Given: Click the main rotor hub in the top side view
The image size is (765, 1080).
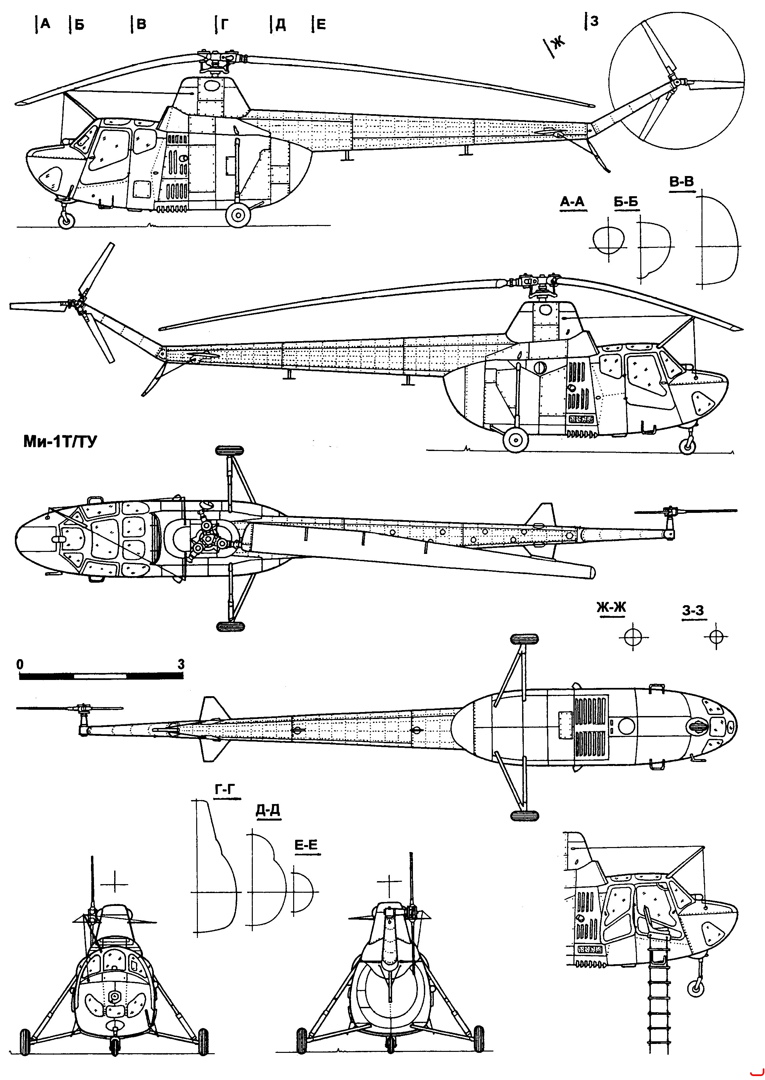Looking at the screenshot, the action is pos(217,60).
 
